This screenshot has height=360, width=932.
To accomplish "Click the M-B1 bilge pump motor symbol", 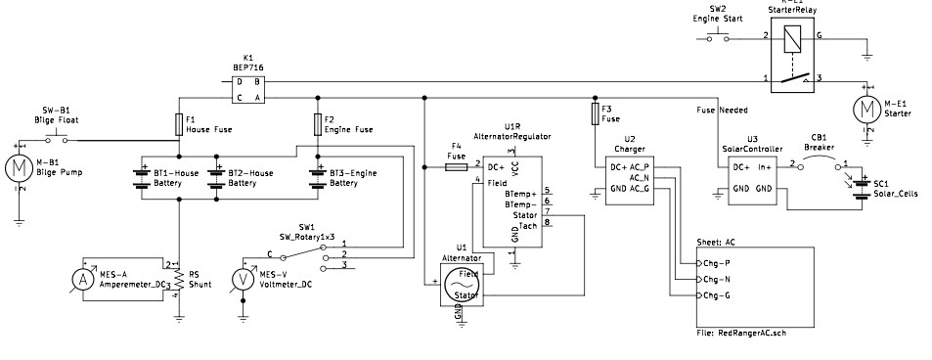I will tap(21, 166).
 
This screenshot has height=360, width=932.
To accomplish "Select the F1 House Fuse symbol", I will tap(178, 124).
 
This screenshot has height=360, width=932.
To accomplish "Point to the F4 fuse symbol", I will tap(456, 167).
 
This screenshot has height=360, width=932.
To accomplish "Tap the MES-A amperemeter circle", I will tap(84, 278).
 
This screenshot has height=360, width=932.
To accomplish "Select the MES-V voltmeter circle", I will tap(247, 278).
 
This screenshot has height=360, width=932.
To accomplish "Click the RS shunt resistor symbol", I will tap(178, 279).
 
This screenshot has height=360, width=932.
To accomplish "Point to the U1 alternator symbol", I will tap(458, 287).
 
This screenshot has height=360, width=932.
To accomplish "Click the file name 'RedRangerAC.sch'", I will tap(753, 334).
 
